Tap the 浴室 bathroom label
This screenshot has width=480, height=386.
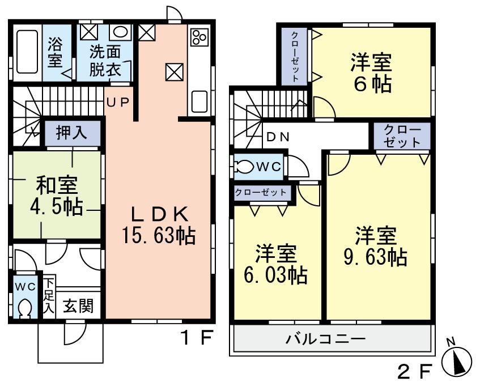click(x=55, y=52)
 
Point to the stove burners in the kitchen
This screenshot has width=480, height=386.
click(x=199, y=37)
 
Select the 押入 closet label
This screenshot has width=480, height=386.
click(x=72, y=133)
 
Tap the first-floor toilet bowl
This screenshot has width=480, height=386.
click(x=25, y=309)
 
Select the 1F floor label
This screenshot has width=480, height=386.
click(x=196, y=338)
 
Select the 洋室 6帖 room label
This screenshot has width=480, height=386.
click(x=372, y=73)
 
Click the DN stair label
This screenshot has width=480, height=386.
click(x=278, y=137)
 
